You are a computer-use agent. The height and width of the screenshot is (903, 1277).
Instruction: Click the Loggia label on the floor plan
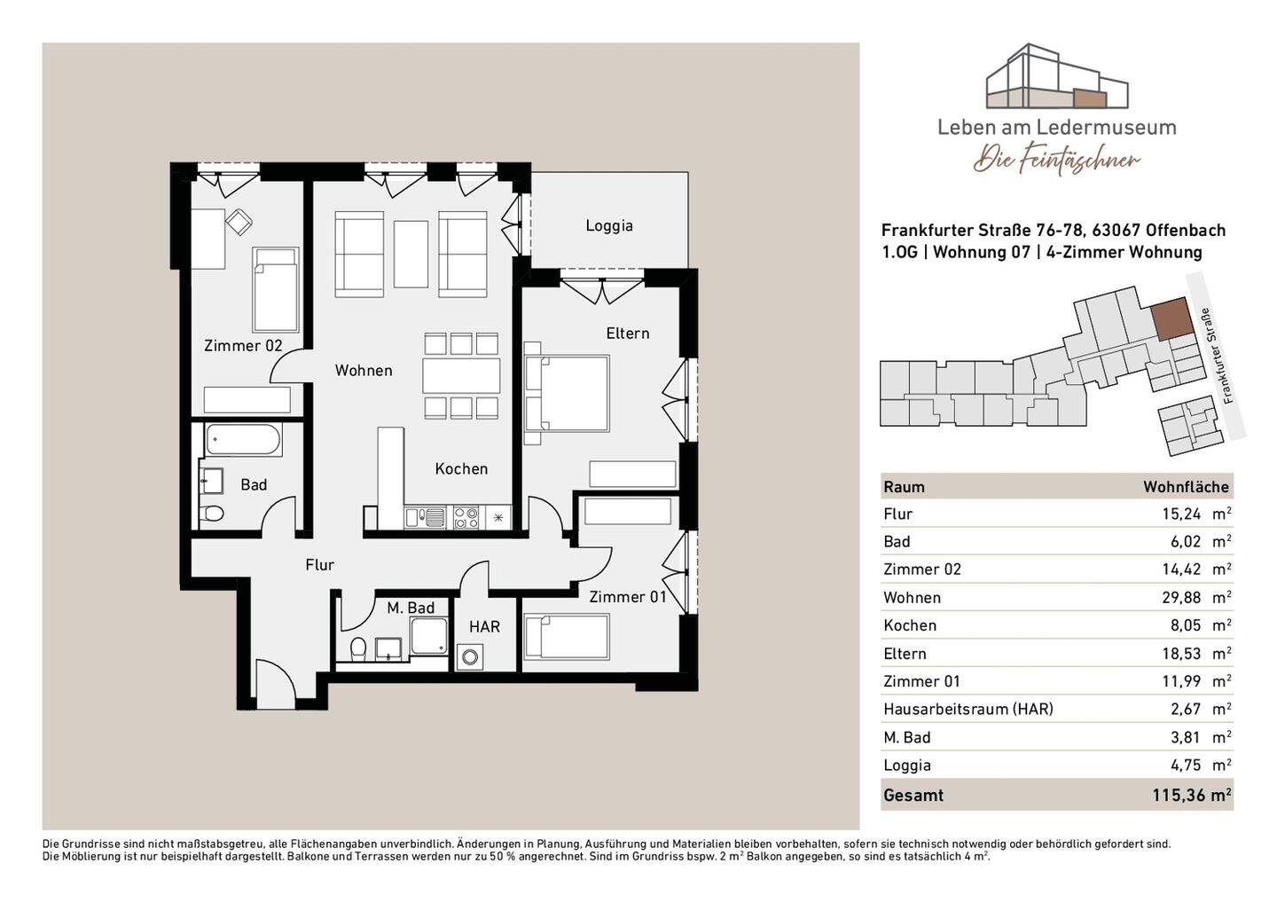tap(609, 226)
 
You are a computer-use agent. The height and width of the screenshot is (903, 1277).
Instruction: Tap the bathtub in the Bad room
tap(243, 440)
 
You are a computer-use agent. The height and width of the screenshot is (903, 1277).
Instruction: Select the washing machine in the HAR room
tap(470, 656)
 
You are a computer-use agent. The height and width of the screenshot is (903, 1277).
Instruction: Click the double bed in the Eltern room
tap(566, 393)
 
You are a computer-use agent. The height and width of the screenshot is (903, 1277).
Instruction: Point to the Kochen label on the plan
tap(461, 469)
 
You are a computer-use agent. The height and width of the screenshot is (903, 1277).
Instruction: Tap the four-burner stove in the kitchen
tap(466, 518)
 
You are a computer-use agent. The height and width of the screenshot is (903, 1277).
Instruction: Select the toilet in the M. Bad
tap(358, 649)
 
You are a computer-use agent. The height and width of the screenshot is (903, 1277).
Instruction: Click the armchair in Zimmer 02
tap(239, 221)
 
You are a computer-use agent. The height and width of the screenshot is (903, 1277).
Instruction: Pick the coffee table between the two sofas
tap(411, 255)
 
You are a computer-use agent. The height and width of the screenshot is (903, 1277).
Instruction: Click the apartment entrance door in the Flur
tap(275, 684)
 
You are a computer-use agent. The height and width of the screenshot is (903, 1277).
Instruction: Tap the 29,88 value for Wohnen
tap(1181, 598)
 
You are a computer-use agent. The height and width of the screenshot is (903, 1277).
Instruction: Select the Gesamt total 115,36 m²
tap(1192, 795)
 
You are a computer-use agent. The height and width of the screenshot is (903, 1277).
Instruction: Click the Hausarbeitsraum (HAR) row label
tap(968, 709)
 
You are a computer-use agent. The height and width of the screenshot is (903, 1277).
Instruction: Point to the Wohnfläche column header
tap(1186, 487)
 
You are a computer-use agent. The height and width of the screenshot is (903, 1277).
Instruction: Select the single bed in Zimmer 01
tap(567, 637)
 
